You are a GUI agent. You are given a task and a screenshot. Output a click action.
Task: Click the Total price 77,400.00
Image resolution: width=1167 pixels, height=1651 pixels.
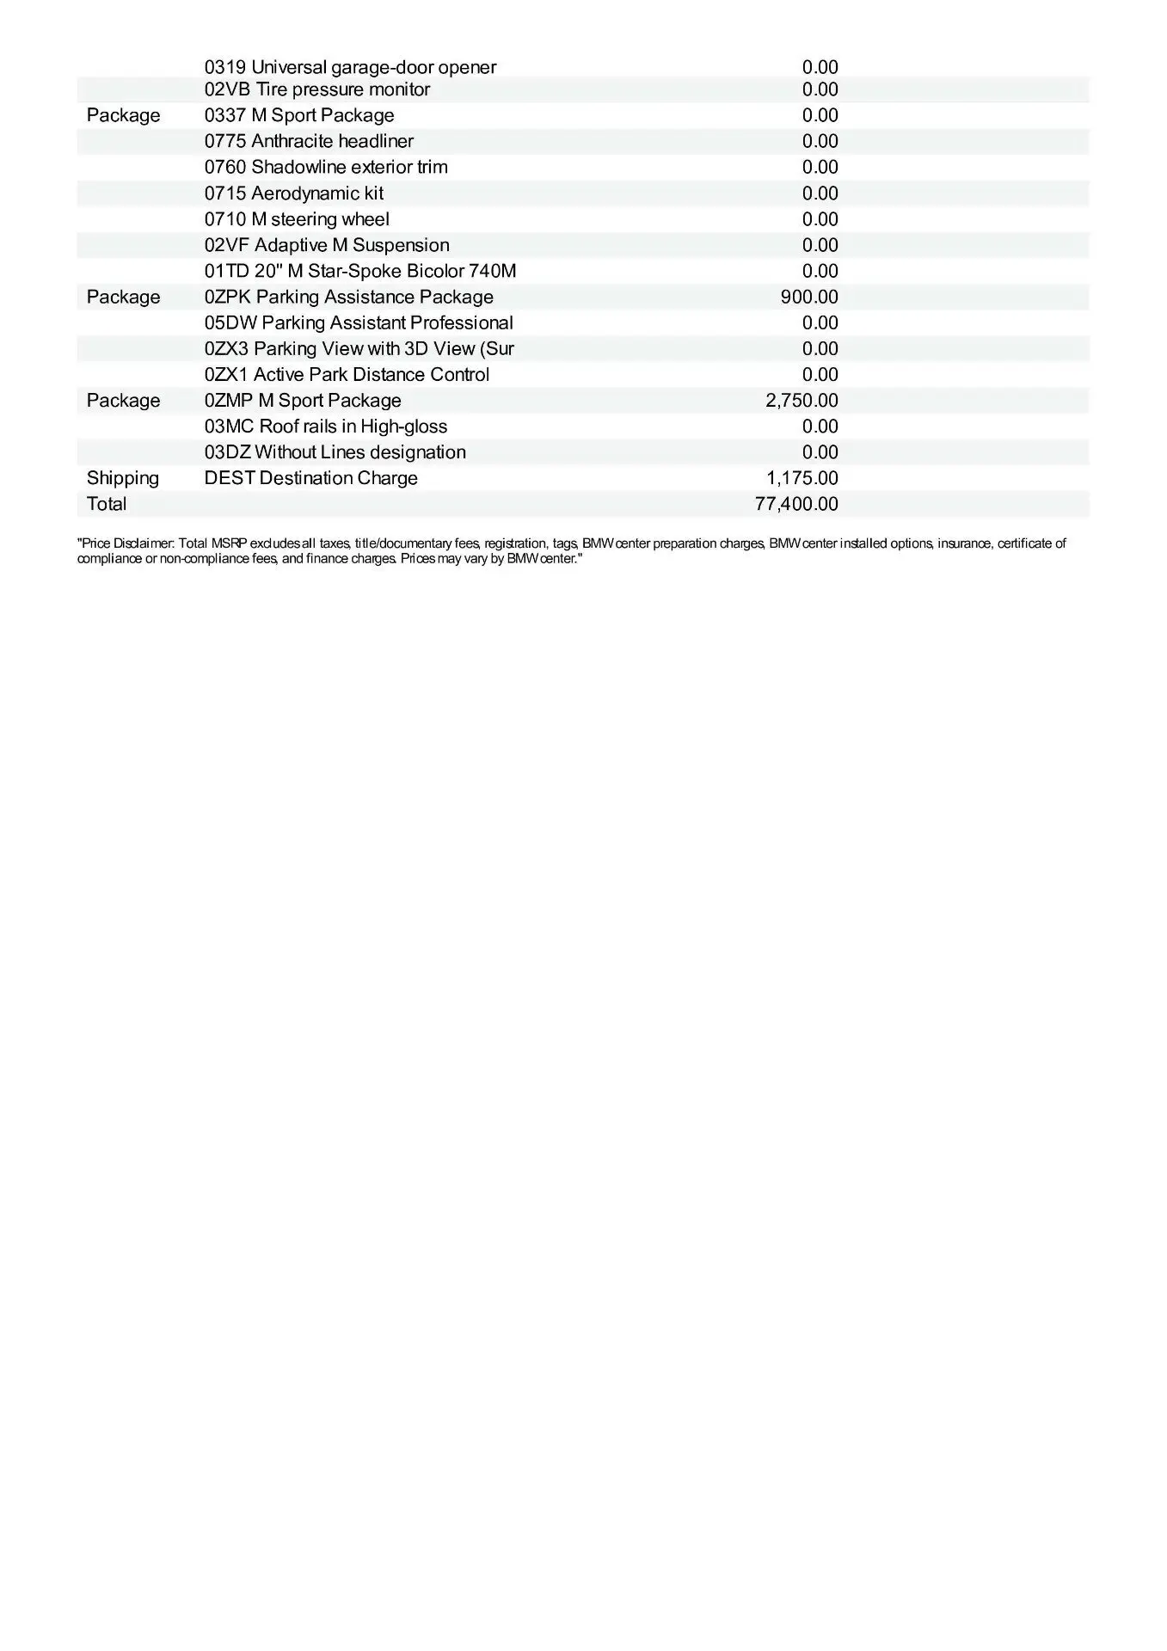pos(796,504)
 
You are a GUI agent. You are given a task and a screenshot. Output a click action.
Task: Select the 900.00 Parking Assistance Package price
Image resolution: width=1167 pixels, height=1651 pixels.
pos(809,297)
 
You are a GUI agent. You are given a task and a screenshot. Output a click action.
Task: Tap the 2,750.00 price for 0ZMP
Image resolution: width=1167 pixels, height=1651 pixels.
pos(802,400)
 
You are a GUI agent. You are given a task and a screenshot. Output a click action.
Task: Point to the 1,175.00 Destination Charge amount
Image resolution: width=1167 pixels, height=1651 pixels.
pos(802,478)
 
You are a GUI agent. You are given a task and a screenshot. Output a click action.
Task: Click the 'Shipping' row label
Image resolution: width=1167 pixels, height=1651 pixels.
pos(123,478)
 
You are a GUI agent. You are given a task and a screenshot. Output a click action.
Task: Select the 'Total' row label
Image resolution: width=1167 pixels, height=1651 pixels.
pos(107,504)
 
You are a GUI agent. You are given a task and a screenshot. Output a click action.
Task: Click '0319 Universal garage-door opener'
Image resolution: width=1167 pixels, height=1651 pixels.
pos(350,67)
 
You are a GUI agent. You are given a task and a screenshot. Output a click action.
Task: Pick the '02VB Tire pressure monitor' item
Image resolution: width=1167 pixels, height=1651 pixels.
pos(317,89)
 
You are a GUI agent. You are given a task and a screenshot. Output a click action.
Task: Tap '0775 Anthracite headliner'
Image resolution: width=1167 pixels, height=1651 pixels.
pos(309,141)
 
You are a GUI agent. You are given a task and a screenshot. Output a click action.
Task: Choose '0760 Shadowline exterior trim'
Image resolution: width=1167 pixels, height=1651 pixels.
pos(326,167)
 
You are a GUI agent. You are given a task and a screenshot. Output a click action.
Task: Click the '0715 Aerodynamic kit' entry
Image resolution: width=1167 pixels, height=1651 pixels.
pos(294,193)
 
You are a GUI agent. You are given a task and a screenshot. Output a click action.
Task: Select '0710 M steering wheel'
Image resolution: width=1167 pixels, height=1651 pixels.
pos(297,219)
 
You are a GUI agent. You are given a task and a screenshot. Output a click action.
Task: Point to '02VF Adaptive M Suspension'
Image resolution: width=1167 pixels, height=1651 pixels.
pos(327,245)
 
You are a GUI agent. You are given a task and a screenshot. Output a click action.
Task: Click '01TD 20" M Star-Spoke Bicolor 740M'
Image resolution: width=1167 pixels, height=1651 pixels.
pos(360,271)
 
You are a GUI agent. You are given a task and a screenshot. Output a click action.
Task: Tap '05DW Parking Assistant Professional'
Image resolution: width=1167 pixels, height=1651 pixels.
pos(359,322)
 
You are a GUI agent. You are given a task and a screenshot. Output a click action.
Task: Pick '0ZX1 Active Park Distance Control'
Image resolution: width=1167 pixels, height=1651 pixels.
pos(347,374)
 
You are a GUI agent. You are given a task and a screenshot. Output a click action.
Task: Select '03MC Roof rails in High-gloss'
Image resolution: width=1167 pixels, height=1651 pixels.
pos(326,426)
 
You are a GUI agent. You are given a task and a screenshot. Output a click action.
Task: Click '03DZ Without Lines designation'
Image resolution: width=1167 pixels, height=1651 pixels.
pos(335,451)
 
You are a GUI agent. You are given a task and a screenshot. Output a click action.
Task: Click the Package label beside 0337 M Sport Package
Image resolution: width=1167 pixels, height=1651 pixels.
pos(124,115)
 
